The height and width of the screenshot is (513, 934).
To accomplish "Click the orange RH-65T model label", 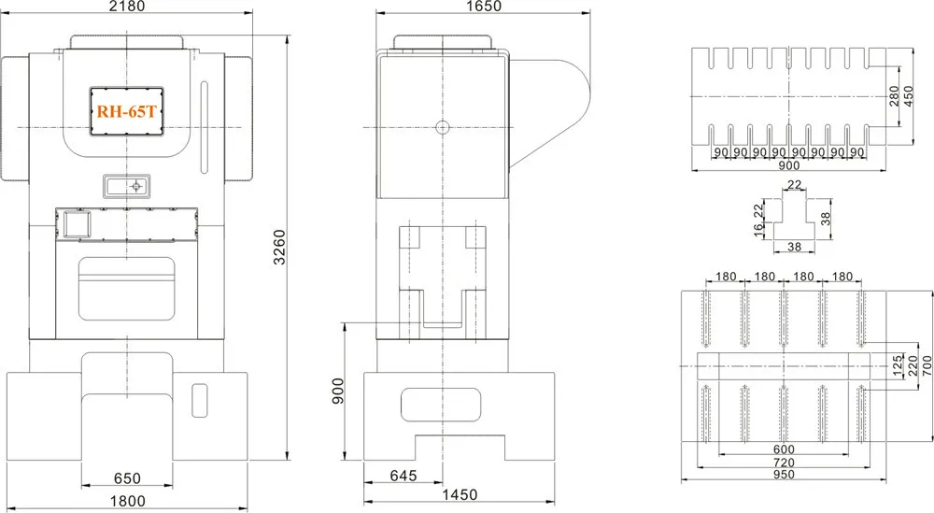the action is coord(126,111).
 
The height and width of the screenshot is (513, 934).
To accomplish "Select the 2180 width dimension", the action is coord(128,7).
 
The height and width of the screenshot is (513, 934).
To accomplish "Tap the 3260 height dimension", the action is coord(279,248).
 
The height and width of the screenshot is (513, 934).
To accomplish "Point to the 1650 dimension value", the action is coord(484,6).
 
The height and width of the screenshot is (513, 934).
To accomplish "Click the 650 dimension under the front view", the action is coord(127,478).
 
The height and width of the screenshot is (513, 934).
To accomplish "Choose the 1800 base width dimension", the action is coord(128,501).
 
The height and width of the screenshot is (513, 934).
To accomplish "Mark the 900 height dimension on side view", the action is coord(338,391).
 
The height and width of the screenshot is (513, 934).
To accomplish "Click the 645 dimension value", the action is coord(403,476).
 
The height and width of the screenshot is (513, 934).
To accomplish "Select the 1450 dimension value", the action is coord(460,494).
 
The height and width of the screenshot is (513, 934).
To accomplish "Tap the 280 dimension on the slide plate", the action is coord(894,96).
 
